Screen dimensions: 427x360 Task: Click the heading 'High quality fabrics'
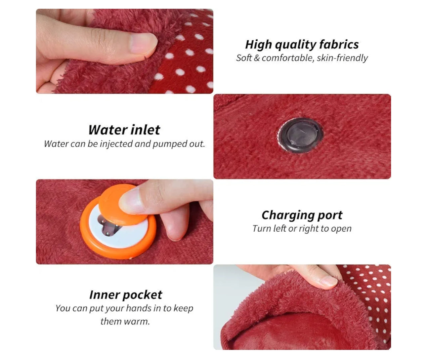point(302,45)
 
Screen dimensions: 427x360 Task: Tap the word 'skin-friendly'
point(342,58)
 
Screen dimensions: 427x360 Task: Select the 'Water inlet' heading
point(124,130)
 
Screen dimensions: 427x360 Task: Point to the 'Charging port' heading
point(302,215)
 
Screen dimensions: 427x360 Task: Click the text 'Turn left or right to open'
point(302,228)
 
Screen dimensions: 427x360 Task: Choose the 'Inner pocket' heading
point(126,295)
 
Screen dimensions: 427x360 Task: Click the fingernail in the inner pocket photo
point(329,281)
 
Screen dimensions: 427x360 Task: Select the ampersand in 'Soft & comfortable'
point(257,58)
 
